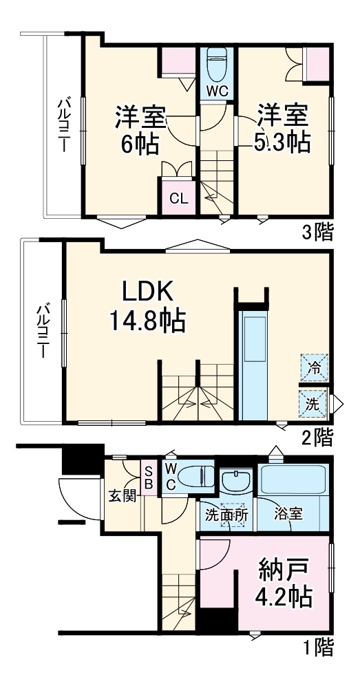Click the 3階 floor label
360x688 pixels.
point(317,232)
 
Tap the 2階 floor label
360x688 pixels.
point(317,436)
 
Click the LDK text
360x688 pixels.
point(147,292)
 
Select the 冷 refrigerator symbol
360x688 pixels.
point(313,367)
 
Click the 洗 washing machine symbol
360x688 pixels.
point(313,404)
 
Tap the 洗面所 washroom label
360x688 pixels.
point(227,513)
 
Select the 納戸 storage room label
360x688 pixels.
point(284,570)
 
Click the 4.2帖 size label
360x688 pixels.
point(284,596)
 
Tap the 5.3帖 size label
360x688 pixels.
point(282,142)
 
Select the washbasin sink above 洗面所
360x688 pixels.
point(237,480)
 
